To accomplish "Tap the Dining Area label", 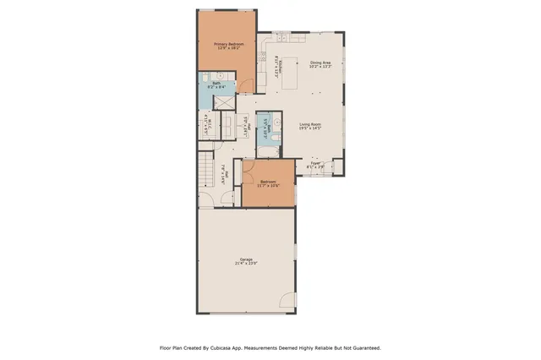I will (320, 62).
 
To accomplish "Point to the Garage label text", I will (246, 259).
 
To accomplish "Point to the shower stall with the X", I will (225, 101).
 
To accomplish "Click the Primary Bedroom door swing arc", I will (246, 85).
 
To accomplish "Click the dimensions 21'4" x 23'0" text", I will (246, 264).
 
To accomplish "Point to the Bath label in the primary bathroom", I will (216, 82).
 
